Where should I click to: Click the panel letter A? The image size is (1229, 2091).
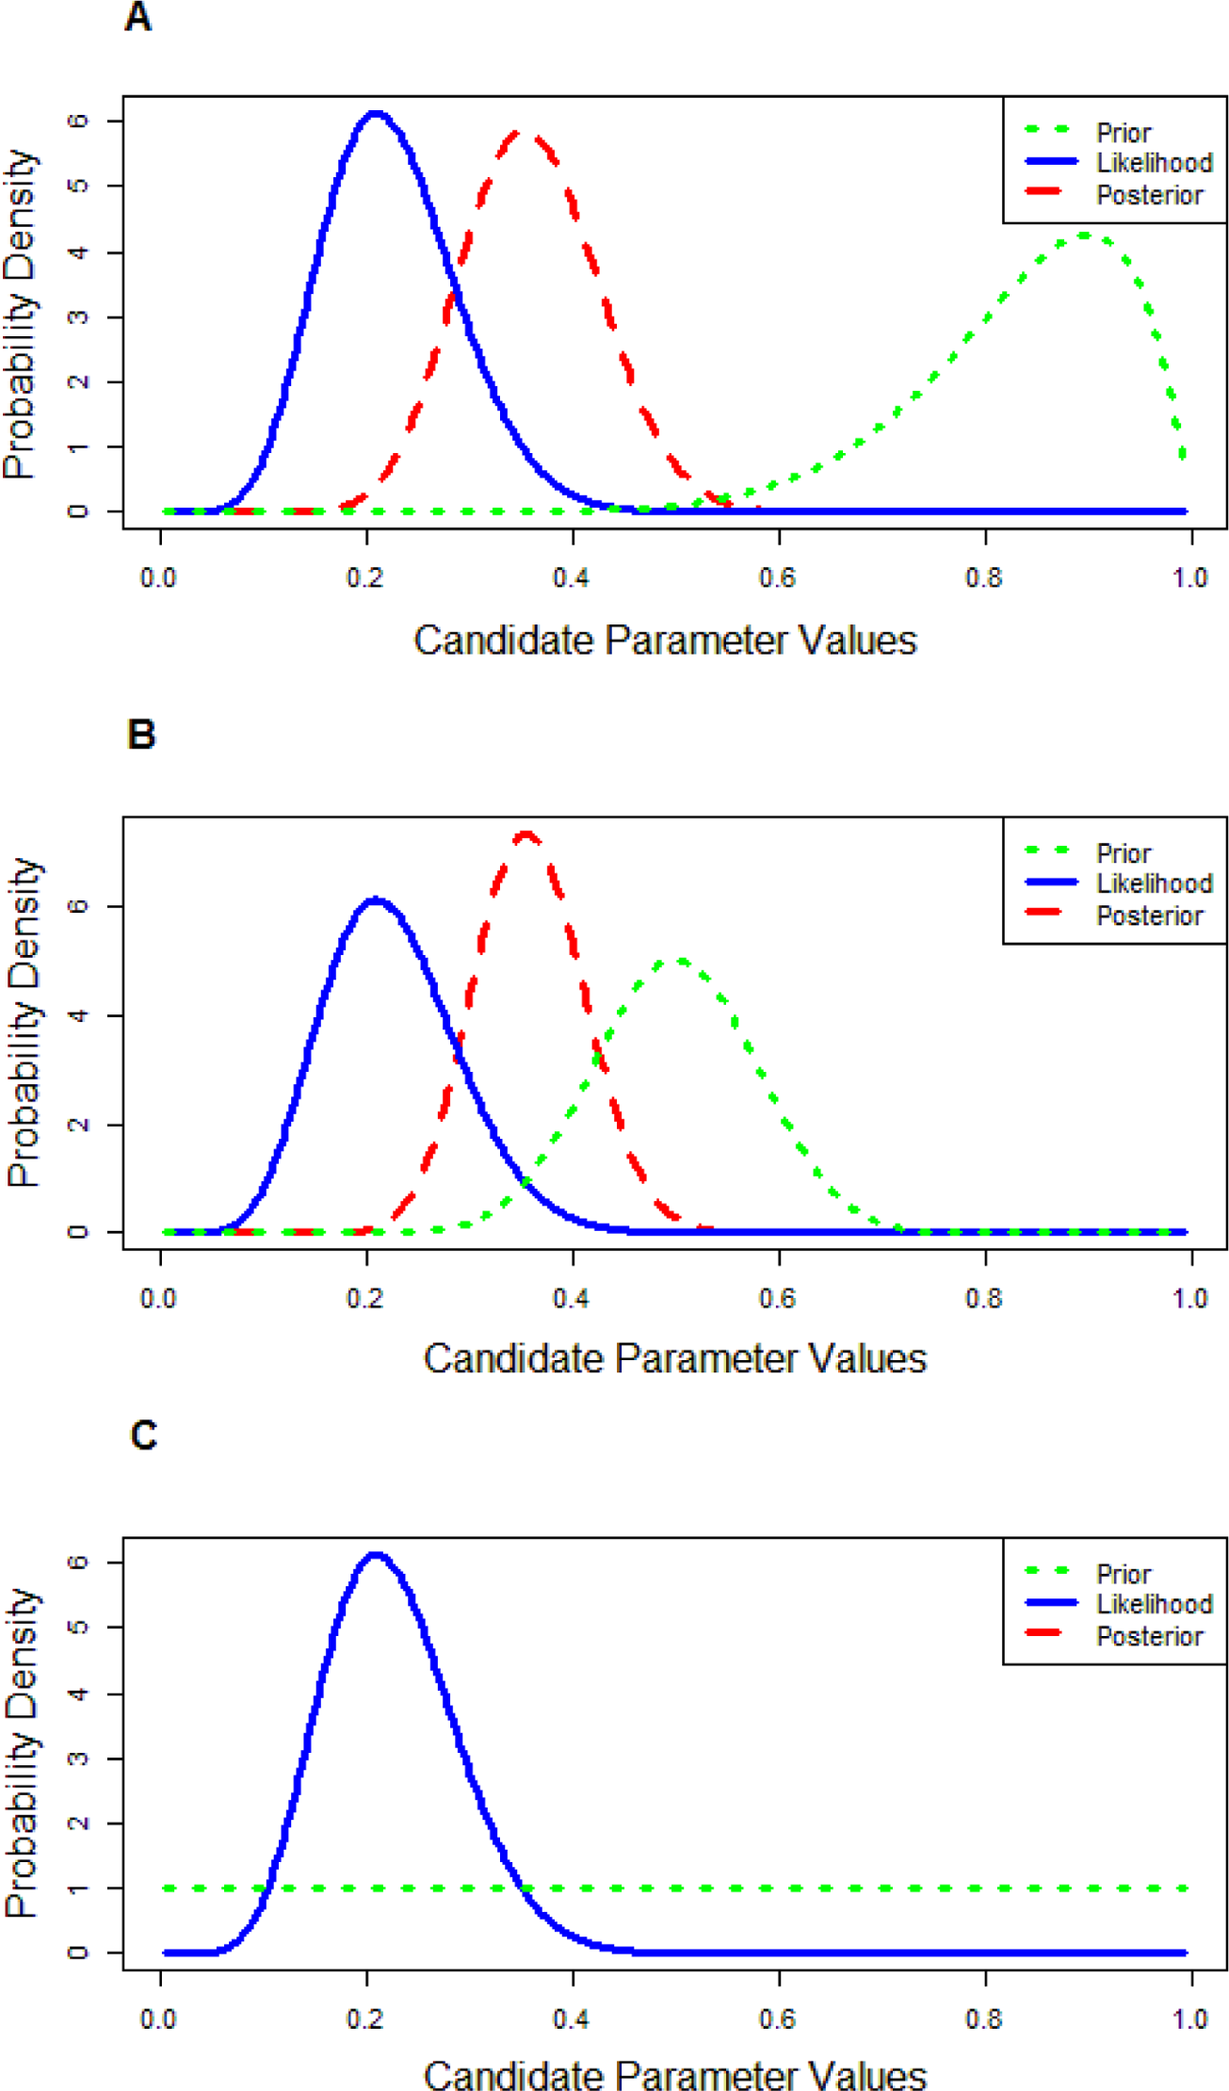tap(137, 17)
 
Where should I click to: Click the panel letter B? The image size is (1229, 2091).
tap(140, 735)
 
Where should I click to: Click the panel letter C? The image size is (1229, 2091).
tap(143, 1435)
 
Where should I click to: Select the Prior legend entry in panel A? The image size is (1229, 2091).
tap(1088, 132)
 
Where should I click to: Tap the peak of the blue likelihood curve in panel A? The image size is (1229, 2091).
tap(376, 115)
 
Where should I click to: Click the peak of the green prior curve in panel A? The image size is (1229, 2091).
tap(1085, 235)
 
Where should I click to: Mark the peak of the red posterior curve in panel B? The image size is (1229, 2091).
tap(526, 835)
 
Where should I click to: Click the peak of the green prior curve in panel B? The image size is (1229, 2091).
tap(679, 962)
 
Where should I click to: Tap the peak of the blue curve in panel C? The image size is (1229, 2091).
tap(376, 1554)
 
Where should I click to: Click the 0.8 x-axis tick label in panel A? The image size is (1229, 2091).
tap(984, 577)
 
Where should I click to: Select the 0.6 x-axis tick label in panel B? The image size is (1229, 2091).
tap(778, 1299)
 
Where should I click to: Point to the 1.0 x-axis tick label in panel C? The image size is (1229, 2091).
tap(1190, 2018)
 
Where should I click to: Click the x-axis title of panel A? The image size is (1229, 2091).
tap(665, 640)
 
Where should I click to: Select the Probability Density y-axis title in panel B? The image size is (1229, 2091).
tap(24, 1023)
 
